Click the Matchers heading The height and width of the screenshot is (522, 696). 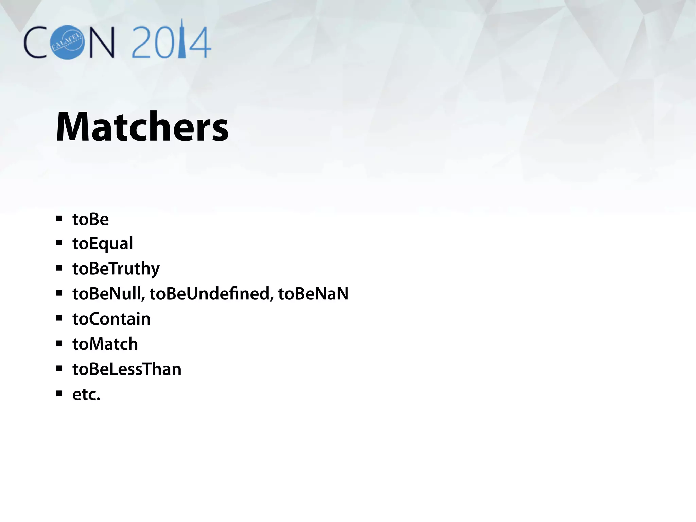[x=142, y=127]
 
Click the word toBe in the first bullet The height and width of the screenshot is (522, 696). [x=90, y=219]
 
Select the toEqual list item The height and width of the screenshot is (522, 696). [x=102, y=244]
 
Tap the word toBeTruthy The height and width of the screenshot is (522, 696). [x=116, y=269]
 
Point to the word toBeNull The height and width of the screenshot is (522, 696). [x=108, y=294]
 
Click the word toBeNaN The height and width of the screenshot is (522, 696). [x=313, y=294]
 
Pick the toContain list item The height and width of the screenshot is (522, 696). [x=111, y=319]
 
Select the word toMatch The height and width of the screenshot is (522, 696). [x=105, y=344]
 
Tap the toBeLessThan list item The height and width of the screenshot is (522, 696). [x=127, y=369]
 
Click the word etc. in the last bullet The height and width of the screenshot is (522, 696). [x=86, y=394]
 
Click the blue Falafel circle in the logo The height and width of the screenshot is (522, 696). [x=67, y=42]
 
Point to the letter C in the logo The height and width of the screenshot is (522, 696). [x=35, y=42]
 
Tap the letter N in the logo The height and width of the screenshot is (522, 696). [x=101, y=42]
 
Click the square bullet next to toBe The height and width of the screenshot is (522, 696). [x=59, y=219]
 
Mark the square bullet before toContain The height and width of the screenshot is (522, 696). [x=59, y=318]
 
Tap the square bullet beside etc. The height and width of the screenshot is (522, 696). [x=59, y=394]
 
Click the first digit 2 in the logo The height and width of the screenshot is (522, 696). [x=142, y=42]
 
